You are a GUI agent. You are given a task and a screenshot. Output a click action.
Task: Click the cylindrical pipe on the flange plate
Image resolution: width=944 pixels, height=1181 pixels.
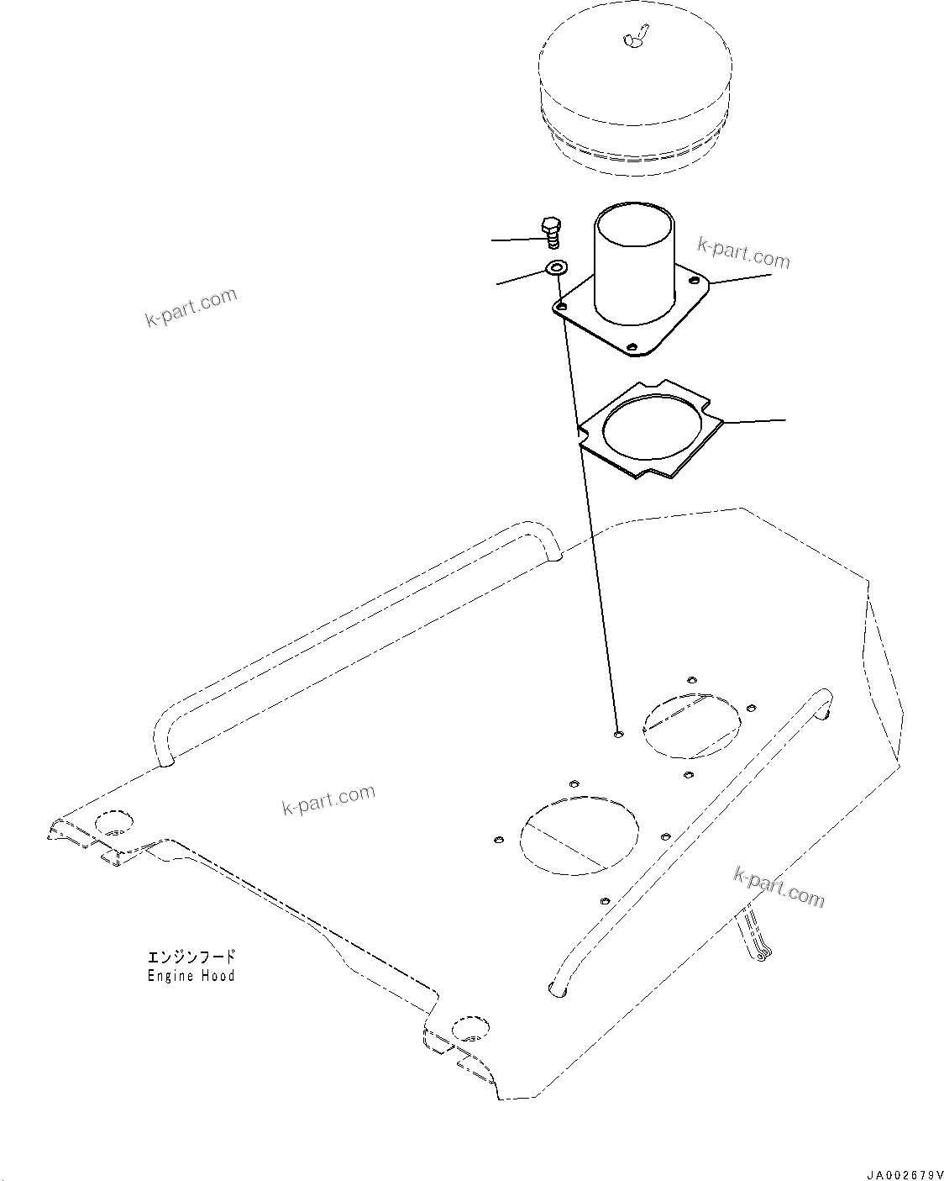634,261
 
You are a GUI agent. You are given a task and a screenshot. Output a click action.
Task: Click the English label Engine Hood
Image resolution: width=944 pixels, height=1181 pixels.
191,976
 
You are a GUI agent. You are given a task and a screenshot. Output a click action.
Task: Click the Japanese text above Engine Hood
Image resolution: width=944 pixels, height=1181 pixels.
191,957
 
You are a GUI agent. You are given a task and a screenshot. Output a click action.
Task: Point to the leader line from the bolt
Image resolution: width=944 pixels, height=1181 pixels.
514,240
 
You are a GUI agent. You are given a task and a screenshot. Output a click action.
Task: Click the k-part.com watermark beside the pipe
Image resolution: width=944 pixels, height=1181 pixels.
743,252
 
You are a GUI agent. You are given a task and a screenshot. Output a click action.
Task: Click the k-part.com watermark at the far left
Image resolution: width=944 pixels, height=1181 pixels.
191,307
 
